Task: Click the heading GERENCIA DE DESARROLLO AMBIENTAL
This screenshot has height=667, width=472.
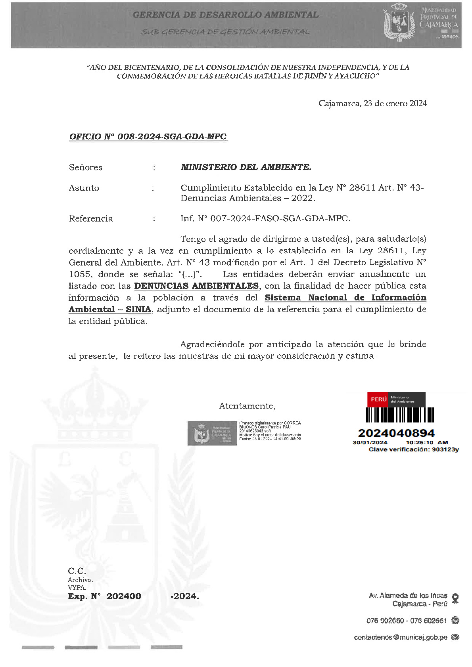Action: coord(225,15)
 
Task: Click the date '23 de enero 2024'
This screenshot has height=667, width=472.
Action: coord(395,103)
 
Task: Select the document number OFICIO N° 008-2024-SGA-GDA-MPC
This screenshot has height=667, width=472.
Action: coord(148,137)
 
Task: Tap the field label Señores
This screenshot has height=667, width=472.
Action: coord(86,167)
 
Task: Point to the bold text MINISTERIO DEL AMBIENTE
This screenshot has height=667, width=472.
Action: coord(246,167)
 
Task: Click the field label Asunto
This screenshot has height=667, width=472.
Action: coord(84,188)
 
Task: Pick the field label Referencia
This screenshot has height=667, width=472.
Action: coord(91,219)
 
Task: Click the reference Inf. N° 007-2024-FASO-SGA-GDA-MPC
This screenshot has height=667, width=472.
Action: coord(265,219)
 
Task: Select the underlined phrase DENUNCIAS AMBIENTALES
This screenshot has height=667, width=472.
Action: coord(196,286)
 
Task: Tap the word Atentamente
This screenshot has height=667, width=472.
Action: coord(247,406)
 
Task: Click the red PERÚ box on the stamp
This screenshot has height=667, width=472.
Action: coord(378,399)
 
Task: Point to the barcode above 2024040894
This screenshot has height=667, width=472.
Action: coord(400,415)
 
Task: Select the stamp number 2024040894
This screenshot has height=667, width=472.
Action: coord(396,433)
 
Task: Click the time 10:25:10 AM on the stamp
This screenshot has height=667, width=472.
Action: coord(427,442)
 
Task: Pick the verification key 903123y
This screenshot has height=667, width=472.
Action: coord(445,449)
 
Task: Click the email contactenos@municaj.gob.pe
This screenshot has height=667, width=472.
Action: coord(401,637)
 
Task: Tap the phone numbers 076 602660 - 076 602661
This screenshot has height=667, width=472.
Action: coord(407,621)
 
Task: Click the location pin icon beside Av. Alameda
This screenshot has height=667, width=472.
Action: coord(455,598)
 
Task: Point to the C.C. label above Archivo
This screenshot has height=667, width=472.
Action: coord(77,571)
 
